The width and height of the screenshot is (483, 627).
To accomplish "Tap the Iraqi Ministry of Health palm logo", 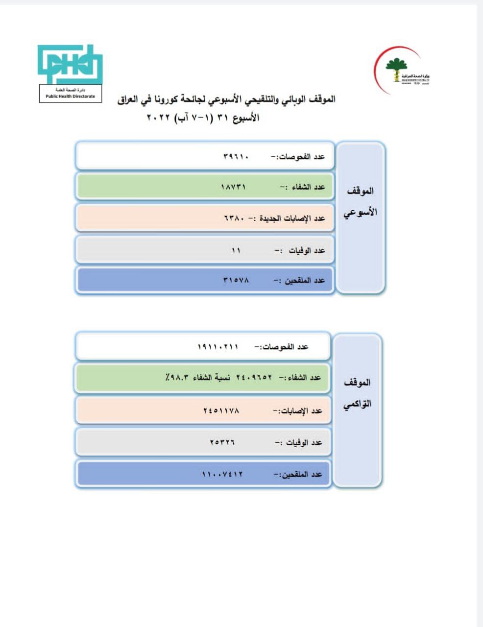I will tap(397, 70).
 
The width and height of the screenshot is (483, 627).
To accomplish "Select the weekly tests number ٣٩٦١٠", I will tap(236, 157).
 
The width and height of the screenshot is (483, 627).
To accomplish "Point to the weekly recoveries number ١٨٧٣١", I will tap(233, 187).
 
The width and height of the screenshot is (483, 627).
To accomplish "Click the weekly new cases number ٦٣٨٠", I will tap(234, 218).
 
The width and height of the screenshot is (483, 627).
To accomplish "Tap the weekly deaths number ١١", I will tap(236, 250).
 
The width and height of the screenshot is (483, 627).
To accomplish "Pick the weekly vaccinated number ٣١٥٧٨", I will tap(236, 281).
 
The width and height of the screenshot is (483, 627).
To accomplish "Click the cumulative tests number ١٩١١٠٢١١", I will tap(218, 347).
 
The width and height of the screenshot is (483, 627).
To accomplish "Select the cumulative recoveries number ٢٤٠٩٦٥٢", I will tap(254, 378).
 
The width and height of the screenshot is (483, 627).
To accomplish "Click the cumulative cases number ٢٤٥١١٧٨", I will tap(221, 410).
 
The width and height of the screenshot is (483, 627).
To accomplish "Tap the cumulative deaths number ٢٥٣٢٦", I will tap(222, 442).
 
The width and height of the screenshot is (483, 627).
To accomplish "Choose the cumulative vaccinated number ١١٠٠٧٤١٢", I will tap(222, 474).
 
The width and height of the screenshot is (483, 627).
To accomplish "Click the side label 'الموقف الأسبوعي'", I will tap(360, 202).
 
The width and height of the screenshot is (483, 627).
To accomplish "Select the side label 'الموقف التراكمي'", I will tap(357, 393).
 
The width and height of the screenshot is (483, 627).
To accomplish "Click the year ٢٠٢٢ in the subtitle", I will tap(158, 118).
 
